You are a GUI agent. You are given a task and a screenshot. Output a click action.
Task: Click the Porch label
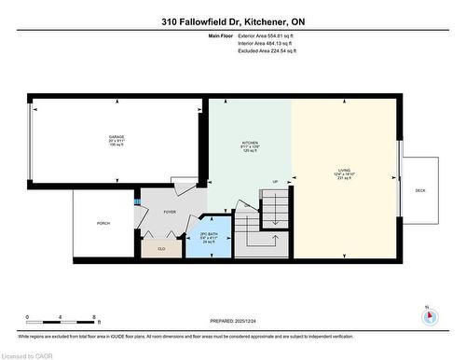103,224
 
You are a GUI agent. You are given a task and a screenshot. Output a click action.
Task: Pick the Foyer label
170,213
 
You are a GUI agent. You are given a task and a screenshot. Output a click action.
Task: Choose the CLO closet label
161,248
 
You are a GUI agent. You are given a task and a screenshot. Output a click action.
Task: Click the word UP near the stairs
275,181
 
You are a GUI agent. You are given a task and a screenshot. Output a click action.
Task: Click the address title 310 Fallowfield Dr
232,21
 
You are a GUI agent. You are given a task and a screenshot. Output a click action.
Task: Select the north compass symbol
429,315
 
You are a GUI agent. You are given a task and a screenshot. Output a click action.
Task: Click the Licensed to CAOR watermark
27,353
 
